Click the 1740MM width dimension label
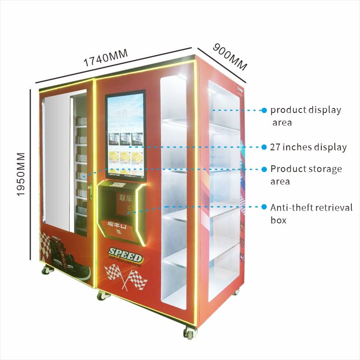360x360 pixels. [x=105, y=58]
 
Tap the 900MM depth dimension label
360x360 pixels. [x=230, y=56]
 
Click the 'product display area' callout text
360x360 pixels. [x=306, y=116]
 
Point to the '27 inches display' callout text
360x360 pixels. [x=308, y=147]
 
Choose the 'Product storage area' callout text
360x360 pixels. [x=306, y=175]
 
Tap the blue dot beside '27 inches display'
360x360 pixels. [x=265, y=147]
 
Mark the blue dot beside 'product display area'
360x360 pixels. [x=265, y=110]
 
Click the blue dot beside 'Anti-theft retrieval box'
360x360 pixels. [x=265, y=207]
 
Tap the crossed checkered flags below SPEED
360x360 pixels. [x=126, y=276]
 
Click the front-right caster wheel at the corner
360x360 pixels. [x=189, y=333]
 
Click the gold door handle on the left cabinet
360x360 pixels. [x=90, y=191]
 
